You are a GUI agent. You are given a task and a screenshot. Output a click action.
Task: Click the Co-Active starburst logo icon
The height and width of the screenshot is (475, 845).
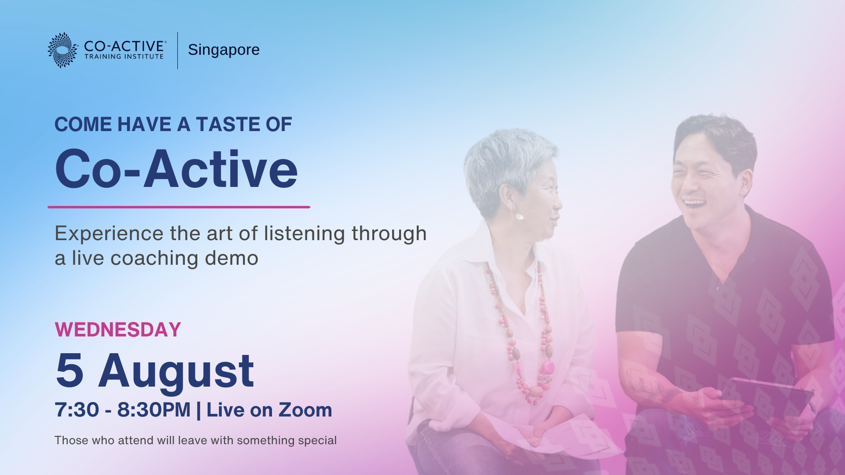coord(63,50)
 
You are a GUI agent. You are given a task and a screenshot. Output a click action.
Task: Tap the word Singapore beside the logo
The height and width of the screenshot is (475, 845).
coord(224,50)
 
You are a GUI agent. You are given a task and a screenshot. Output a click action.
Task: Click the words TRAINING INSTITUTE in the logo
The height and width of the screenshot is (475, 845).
coord(124,57)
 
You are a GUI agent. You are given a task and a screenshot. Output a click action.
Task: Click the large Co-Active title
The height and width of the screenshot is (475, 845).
coord(176,169)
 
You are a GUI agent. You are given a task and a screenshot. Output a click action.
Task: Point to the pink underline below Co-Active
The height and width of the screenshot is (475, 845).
coord(179,207)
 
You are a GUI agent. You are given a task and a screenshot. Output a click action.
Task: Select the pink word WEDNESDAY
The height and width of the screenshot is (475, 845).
coord(118,330)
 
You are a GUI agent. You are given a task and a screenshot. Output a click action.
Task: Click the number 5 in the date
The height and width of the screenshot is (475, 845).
coord(70,371)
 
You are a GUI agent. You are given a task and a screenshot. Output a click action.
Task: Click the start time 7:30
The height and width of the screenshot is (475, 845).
coord(77,410)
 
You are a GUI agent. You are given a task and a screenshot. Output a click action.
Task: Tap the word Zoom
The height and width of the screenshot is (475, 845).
coord(305,410)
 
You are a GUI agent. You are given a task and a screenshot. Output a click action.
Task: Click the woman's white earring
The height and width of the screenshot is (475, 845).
coord(520,216)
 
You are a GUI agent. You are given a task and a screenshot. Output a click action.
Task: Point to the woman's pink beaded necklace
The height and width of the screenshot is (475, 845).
coord(522,334)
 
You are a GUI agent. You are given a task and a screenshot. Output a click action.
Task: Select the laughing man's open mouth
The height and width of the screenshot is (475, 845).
coord(695,204)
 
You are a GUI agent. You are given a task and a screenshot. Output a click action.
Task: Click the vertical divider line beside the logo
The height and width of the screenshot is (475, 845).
coord(178,50)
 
